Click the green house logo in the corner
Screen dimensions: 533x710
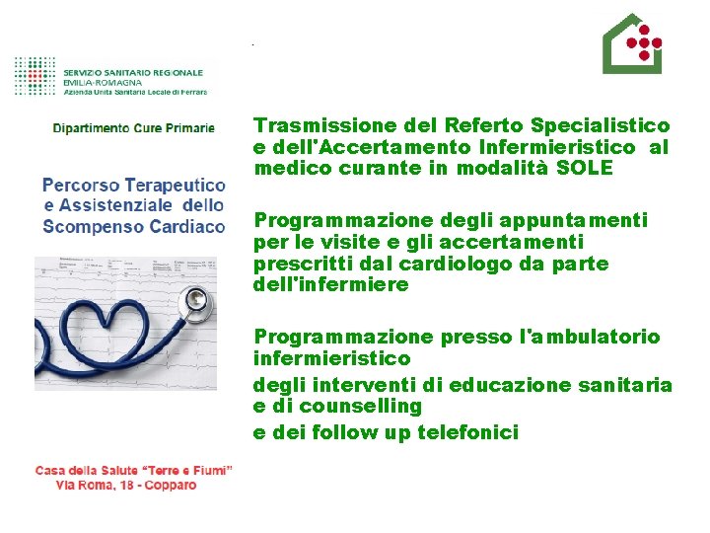tap(632, 44)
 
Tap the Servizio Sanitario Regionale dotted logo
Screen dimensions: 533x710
tap(36, 75)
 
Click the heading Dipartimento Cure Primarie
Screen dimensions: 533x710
tap(134, 128)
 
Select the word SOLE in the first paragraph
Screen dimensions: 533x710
tap(585, 168)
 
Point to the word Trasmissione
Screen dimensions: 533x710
tap(322, 125)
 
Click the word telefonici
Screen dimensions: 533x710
tap(469, 431)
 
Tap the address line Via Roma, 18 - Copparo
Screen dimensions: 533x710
tap(126, 486)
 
